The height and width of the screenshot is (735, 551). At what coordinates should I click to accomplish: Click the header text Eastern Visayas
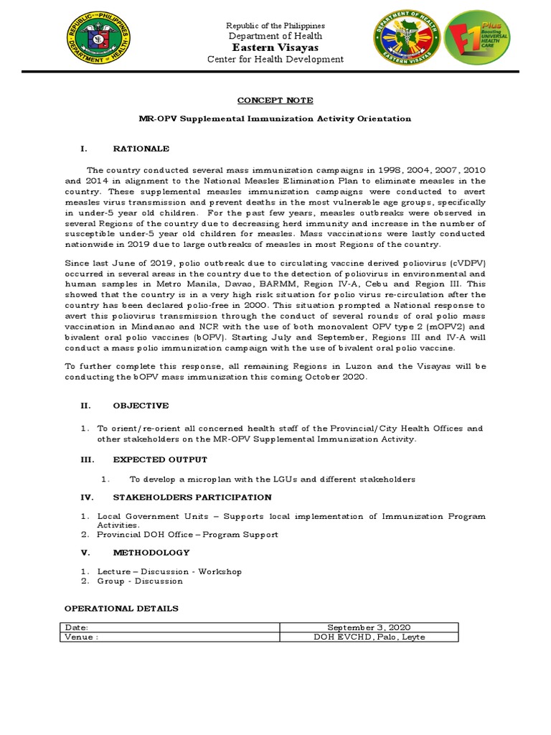(x=275, y=47)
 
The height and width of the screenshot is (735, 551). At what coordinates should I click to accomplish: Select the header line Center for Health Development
(x=275, y=60)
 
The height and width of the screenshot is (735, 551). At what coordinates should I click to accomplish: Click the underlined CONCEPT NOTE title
(x=275, y=100)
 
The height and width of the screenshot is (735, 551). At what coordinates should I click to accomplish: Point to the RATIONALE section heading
(x=141, y=149)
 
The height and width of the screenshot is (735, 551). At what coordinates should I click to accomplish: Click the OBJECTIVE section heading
(x=141, y=406)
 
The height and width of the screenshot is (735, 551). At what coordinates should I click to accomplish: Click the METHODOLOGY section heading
(x=151, y=553)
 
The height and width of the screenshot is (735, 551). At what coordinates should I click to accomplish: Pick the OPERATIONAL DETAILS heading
(x=121, y=608)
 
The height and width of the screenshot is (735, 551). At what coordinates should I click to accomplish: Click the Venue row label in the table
(x=80, y=637)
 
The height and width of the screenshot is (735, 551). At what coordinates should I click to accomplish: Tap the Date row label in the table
(x=76, y=627)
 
